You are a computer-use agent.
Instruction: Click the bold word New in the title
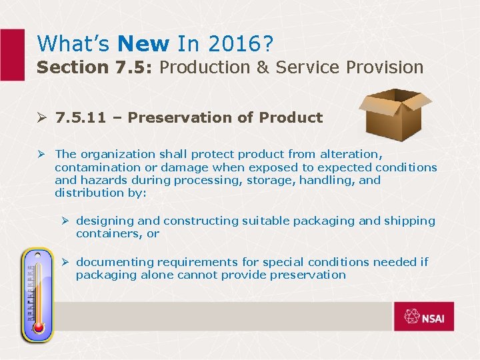[143, 44]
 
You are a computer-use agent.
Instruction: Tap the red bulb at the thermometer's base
[38, 327]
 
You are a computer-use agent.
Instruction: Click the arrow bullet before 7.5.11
[43, 118]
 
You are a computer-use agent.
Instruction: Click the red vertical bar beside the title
[11, 55]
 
